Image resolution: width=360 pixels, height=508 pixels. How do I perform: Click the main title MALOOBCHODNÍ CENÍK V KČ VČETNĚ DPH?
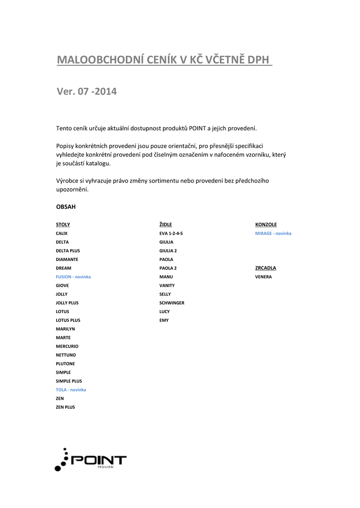tap(164, 60)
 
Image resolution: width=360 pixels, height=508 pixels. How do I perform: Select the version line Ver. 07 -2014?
tap(86, 91)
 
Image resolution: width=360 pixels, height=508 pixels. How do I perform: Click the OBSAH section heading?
tap(66, 206)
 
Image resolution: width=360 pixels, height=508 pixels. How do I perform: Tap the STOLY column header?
tap(63, 225)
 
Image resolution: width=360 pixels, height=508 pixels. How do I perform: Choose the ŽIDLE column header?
tap(165, 225)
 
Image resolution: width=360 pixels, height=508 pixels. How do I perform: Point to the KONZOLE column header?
tap(266, 225)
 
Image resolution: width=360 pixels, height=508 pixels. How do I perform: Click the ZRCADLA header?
tap(266, 268)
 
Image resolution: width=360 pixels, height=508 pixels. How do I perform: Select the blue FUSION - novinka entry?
tap(73, 277)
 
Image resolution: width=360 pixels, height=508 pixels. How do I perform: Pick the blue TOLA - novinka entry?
tap(71, 390)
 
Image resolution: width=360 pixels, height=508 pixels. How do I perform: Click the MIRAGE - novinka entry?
tap(273, 233)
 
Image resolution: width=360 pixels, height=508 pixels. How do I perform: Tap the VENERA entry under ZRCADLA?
tap(263, 277)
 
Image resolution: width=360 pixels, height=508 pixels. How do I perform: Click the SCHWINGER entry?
tap(172, 303)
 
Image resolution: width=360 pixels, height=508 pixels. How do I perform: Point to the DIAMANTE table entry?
tap(67, 259)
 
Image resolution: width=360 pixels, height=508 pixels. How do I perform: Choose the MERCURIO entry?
tap(67, 346)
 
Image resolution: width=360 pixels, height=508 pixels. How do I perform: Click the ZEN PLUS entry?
tap(65, 407)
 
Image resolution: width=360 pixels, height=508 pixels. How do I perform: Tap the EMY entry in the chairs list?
tap(164, 320)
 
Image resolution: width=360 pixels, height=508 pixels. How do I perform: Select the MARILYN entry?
tap(66, 329)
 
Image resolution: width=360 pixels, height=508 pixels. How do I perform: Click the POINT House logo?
tap(90, 460)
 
